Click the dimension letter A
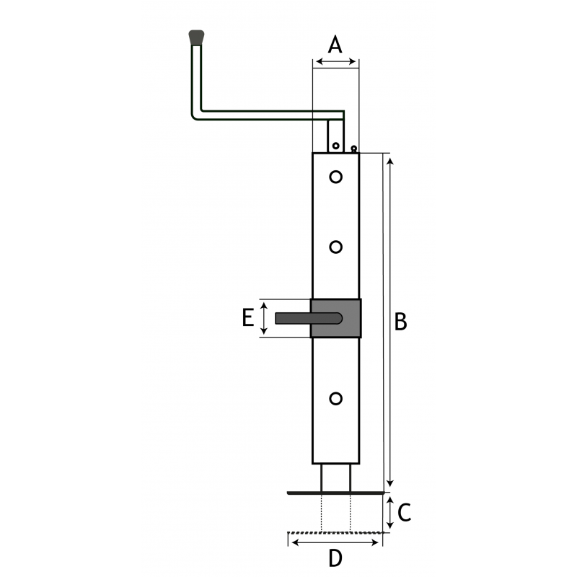335,45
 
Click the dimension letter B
400,321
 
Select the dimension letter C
404,512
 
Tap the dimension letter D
335,558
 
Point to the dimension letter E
248,317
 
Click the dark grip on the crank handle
196,38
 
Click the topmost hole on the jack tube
335,177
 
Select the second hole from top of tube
335,247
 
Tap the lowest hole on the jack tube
335,399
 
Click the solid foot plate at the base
335,493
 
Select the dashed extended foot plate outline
335,532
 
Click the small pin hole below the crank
335,146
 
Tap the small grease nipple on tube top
353,149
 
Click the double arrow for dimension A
335,61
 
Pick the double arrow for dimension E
263,318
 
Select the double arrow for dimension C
390,512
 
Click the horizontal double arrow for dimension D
335,542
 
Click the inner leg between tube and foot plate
335,477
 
